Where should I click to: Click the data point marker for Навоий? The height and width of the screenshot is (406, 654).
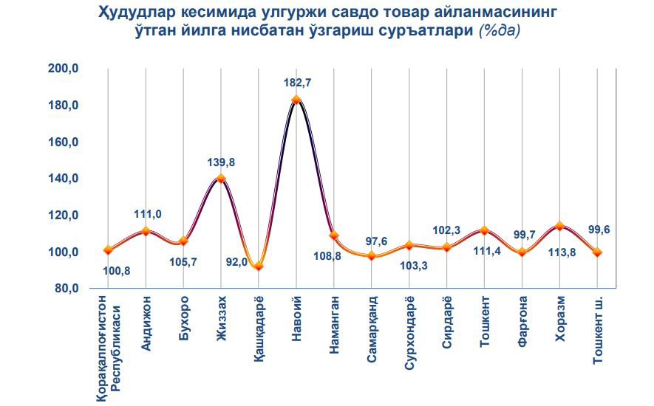(x=296, y=100)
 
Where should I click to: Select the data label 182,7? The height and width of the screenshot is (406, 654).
(x=296, y=83)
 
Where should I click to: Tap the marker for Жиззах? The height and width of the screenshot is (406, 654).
(x=221, y=178)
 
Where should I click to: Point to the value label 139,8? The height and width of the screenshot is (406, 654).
(x=221, y=162)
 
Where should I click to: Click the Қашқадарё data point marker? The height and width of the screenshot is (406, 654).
(x=258, y=266)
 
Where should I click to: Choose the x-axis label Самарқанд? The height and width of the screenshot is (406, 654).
(x=372, y=329)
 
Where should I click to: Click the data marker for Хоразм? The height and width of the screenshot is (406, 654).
(x=559, y=226)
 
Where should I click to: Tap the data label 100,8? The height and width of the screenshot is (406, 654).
(x=117, y=270)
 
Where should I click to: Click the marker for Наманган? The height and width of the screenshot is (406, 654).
(x=333, y=235)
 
